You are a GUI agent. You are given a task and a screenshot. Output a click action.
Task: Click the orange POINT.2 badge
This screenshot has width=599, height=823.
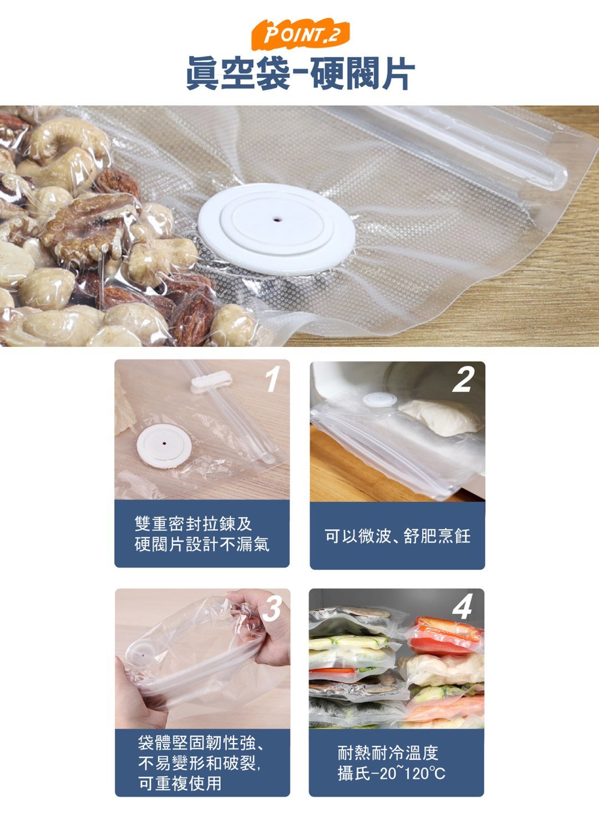coord(299,35)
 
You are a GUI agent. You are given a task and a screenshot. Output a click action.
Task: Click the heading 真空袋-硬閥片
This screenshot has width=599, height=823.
coord(299,73)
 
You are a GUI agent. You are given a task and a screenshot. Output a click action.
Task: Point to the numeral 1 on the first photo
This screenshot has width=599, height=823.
coord(272,380)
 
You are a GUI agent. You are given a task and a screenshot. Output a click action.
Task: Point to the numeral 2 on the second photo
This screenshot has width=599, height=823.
coord(463,380)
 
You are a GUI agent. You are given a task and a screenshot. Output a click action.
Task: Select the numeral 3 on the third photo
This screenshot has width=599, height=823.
coord(272,608)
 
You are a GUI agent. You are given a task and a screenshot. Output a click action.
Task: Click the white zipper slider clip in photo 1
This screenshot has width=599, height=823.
coord(211,382)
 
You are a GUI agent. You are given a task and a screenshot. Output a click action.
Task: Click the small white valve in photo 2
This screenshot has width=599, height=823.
coord(379,400)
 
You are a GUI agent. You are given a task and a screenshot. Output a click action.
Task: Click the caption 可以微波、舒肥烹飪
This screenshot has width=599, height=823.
coord(397,536)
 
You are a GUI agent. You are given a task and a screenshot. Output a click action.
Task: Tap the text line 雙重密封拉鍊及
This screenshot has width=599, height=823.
coord(194,523)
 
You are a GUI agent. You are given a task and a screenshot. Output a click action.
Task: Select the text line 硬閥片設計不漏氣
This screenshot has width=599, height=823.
coord(202,544)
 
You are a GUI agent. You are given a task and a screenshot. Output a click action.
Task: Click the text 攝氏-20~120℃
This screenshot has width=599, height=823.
coord(392,773)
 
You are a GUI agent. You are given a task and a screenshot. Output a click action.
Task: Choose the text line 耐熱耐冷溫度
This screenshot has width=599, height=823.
coord(388,753)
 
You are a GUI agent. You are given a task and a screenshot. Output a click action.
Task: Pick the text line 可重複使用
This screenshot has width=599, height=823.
coord(180,783)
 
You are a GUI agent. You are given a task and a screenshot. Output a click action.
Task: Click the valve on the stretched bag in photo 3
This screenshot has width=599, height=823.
coord(143,653)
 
